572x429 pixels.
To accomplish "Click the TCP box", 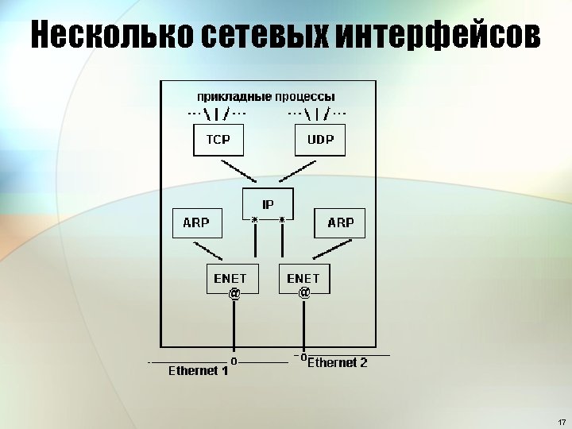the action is pos(218,141).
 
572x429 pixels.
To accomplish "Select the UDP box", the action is pos(320,141).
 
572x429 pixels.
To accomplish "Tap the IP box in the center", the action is pos(268,203).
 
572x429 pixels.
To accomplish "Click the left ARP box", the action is pos(196,222).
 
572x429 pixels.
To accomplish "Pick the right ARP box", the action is pos(340,222).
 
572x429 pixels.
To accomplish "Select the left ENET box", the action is pos(230,278).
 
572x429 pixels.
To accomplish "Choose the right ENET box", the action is pos(303,278).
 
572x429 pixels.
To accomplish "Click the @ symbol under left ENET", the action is pos(234,294).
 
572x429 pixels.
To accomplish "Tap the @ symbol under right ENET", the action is pos(303,293).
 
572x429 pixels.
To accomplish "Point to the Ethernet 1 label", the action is pos(198,371).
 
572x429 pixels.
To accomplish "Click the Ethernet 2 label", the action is pos(337,363).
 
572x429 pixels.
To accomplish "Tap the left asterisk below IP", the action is pos(255,218).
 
